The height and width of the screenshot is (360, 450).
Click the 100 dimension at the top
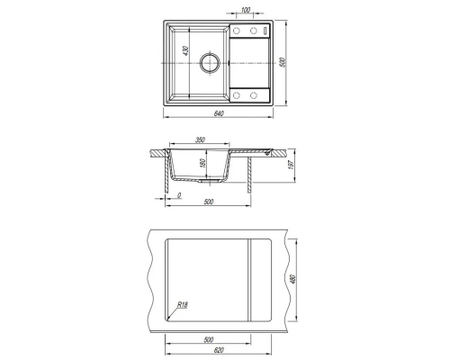(245, 10)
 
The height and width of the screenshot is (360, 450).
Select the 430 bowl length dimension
(185, 50)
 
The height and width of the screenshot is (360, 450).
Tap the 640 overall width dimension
(219, 113)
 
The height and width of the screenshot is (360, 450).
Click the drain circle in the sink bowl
(210, 63)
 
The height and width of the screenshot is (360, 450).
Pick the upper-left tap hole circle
(237, 31)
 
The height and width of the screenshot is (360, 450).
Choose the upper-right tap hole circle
(254, 31)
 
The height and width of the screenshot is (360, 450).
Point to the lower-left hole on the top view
(237, 95)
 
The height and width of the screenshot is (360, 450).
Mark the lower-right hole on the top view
(254, 95)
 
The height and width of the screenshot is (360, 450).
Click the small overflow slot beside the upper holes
(265, 31)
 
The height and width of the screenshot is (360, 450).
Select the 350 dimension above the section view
(200, 139)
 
